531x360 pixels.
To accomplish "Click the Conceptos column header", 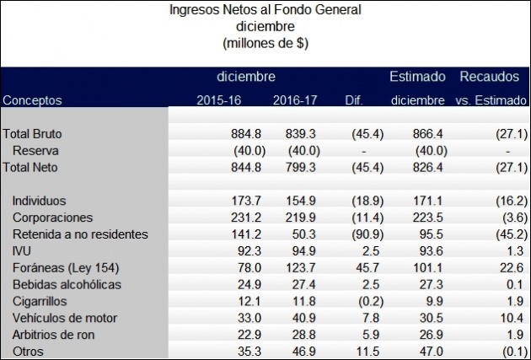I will point(33,100).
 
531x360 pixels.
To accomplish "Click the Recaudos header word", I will point(489,77).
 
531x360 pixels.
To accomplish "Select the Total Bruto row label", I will point(33,134).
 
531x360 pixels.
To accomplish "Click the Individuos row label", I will point(40,201).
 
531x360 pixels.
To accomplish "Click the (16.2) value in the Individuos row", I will point(511,201).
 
